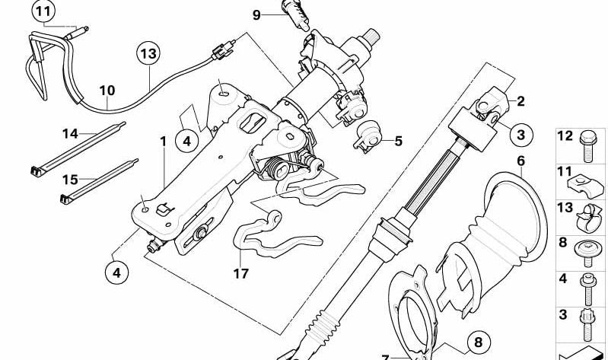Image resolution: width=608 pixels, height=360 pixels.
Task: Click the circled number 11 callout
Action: click(43, 12)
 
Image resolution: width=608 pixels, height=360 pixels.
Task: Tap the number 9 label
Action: click(256, 14)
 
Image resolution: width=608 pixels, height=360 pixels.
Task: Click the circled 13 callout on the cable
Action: click(148, 53)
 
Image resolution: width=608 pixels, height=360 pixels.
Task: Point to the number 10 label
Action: click(107, 91)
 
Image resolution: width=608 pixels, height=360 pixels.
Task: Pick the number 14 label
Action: click(70, 134)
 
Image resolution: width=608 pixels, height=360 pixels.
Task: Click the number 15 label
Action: click(70, 180)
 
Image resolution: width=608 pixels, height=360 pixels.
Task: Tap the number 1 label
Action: click(164, 142)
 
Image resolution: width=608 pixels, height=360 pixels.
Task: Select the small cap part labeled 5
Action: click(368, 135)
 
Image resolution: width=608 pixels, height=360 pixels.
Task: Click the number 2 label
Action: click(520, 101)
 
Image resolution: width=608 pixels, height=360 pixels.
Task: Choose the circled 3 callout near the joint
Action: click(520, 135)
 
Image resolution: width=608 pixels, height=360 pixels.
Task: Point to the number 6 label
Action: click(520, 161)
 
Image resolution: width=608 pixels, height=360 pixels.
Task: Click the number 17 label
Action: click(240, 274)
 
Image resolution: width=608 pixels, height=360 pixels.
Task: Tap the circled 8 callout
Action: click(479, 342)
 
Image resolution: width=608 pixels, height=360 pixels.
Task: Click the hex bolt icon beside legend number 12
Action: click(588, 147)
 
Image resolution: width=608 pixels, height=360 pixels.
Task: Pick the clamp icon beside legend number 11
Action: click(585, 185)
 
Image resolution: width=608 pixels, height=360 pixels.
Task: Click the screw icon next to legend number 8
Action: click(588, 253)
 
